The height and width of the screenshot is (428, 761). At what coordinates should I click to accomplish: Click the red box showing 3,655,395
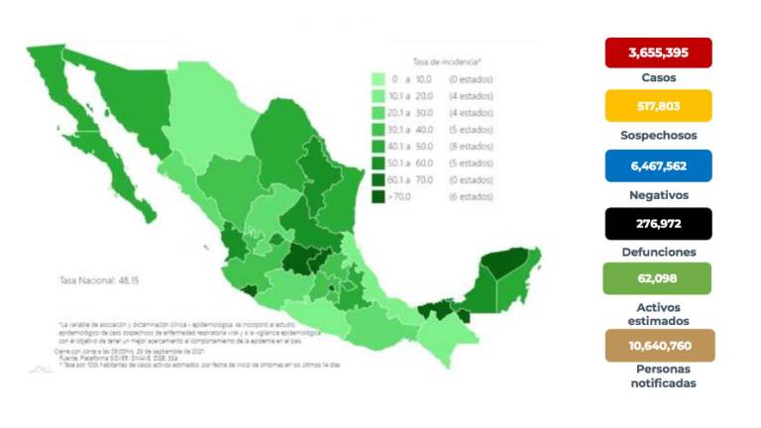(658, 52)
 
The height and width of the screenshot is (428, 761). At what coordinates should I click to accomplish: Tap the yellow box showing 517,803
(658, 106)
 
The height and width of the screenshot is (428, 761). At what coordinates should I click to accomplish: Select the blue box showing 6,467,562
(658, 164)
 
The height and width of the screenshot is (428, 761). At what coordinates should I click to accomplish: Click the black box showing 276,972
(658, 223)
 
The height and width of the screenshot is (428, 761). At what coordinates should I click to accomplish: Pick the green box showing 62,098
(658, 279)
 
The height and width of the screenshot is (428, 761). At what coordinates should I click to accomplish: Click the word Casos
(658, 76)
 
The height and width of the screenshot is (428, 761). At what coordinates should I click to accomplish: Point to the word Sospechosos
(658, 135)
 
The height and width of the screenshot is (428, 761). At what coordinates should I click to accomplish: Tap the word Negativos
(658, 194)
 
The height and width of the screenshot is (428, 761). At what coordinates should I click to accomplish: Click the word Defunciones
(658, 252)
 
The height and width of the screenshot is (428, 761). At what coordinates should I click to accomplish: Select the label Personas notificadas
(658, 375)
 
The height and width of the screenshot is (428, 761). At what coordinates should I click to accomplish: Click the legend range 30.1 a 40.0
(414, 130)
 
